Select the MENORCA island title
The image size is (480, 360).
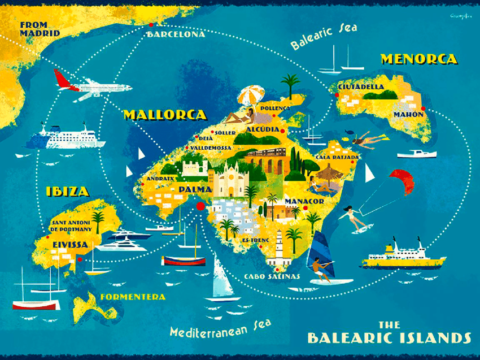(418, 59)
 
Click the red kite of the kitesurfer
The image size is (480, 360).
(401, 181)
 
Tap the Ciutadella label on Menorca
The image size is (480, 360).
(361, 88)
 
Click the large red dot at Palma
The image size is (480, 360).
(200, 207)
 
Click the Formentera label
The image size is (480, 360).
(133, 297)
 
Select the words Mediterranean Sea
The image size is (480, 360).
(220, 329)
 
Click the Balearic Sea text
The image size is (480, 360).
(324, 37)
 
